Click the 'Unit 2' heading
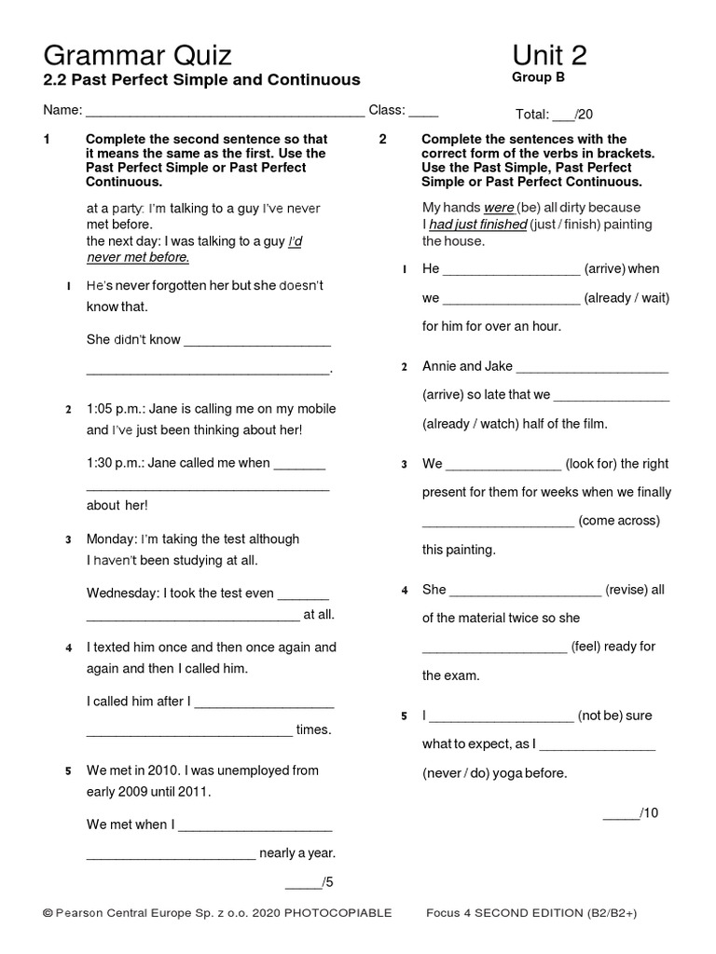[549, 55]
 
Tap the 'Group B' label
[538, 78]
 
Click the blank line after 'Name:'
[225, 111]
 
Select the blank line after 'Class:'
[423, 111]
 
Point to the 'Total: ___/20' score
[554, 115]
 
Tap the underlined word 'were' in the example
[499, 208]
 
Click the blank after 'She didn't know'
[257, 340]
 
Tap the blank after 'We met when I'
[255, 825]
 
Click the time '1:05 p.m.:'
[117, 409]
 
